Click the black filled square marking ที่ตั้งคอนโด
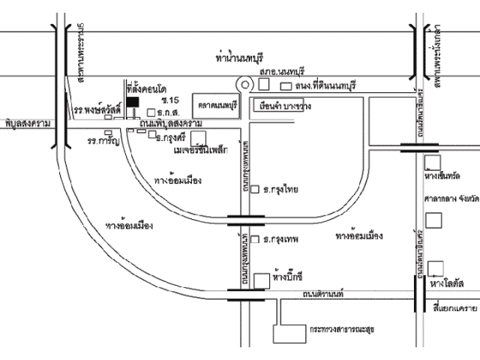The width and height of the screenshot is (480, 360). pos(132,100)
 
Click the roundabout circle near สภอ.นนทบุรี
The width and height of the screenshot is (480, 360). pos(244,85)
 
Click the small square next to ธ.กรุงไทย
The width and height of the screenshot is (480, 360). pos(255,190)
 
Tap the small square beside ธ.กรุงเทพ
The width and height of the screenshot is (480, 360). pos(255,240)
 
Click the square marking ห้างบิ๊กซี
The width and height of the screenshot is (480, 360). pos(260,280)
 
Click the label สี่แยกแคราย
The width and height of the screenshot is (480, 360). pos(455,308)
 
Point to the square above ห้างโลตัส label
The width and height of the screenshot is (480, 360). pos(435,267)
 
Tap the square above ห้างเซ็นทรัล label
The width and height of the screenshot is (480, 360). pos(432,162)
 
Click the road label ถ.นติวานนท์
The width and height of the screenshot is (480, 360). pos(318,294)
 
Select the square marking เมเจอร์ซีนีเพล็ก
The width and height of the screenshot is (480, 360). pos(199,138)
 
